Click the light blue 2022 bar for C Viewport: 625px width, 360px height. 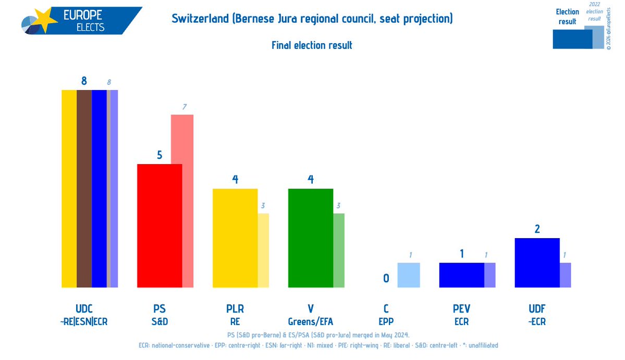(408, 275)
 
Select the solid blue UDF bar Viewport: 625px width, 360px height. (537, 263)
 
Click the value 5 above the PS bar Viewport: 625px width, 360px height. (160, 155)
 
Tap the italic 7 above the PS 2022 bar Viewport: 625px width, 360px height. (184, 107)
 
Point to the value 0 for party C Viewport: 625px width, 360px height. (386, 278)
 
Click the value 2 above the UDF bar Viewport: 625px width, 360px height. (537, 229)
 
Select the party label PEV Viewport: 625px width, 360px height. (462, 309)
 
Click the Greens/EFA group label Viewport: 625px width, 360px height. (311, 321)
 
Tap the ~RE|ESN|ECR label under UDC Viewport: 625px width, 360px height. (84, 321)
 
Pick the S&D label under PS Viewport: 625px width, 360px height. (160, 321)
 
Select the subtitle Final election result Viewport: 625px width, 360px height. (312, 45)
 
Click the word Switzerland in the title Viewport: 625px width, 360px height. (200, 19)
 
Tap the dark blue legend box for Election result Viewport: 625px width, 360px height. (571, 39)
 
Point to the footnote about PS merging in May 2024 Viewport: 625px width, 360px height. (312, 334)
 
